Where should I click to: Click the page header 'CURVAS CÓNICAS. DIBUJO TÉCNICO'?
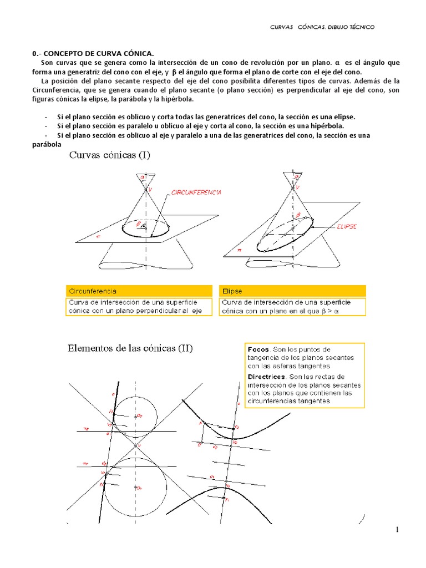click(x=322, y=27)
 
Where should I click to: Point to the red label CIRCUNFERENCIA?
click(x=197, y=192)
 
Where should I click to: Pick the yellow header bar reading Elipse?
click(x=293, y=291)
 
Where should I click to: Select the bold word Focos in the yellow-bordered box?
click(x=258, y=349)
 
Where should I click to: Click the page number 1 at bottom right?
click(x=397, y=530)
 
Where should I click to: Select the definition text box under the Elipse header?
click(x=293, y=307)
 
